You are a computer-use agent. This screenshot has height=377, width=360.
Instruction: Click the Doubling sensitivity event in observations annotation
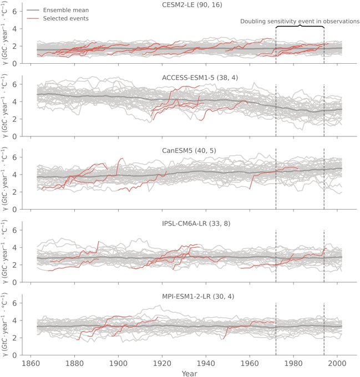[x=300, y=21]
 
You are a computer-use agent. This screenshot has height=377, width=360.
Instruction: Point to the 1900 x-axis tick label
[x=118, y=364]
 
